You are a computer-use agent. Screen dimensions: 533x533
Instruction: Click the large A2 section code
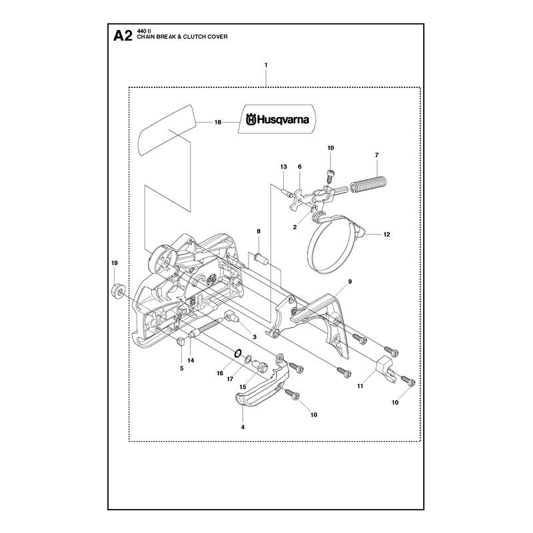tap(123, 35)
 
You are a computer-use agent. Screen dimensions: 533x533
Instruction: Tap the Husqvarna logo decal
tap(277, 119)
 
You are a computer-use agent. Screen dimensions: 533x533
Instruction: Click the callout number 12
tap(387, 235)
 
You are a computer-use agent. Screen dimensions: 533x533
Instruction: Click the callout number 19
tap(115, 263)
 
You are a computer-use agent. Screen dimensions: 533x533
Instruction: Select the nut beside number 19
tap(118, 290)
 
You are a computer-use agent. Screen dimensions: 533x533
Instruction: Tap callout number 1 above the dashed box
tap(266, 65)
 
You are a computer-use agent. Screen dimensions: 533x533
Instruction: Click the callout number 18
tap(218, 122)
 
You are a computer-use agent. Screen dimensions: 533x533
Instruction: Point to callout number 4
tap(243, 427)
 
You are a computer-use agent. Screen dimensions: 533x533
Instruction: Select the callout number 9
tap(350, 281)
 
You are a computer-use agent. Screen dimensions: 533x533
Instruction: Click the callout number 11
tap(360, 386)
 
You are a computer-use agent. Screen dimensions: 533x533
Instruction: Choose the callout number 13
tap(284, 167)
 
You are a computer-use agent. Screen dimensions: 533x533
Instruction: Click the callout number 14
tap(191, 360)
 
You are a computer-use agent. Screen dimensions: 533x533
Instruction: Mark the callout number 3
tap(255, 337)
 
